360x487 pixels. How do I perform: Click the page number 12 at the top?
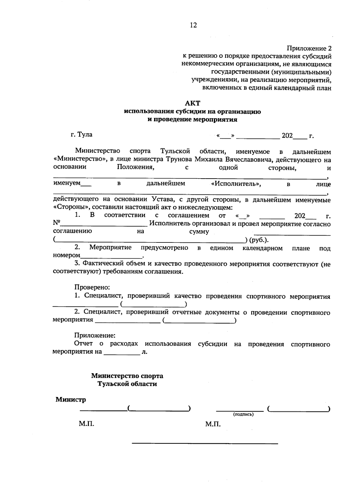click(193, 25)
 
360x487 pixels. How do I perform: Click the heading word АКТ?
click(193, 103)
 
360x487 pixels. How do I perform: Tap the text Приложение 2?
click(309, 48)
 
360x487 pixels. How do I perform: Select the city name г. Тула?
click(82, 134)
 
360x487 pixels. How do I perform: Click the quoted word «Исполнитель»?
click(236, 184)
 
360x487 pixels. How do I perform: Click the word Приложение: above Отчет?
click(95, 335)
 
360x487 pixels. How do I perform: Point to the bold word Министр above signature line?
click(71, 400)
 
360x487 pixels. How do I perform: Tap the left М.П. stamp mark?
click(87, 424)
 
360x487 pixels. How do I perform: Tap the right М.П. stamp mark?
click(213, 424)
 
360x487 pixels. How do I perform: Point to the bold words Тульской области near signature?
click(127, 384)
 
